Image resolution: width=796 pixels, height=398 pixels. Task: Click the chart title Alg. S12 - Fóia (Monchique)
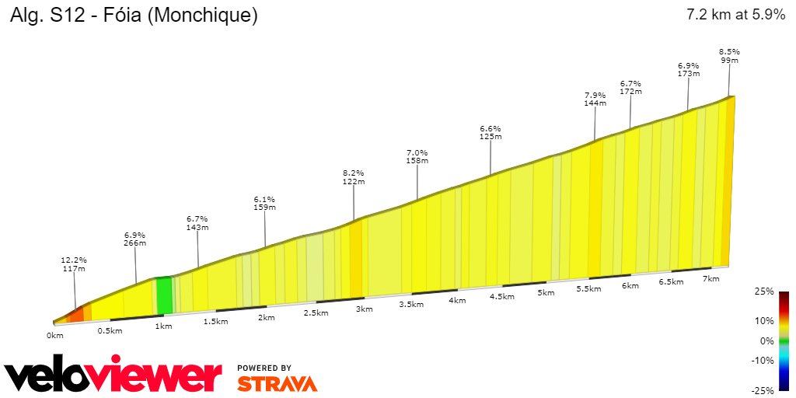coord(133,15)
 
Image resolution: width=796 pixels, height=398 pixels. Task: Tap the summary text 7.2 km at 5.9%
coord(735,15)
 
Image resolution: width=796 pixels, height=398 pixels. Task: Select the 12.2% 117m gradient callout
coord(75,264)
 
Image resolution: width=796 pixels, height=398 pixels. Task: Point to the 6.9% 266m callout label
coord(135,239)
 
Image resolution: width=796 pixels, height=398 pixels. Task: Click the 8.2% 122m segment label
coord(354,176)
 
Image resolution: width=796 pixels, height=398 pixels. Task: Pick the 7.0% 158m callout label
coord(417,156)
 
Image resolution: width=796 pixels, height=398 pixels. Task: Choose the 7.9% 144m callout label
coord(595,99)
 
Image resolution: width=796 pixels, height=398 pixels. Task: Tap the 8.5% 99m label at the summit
coord(729,56)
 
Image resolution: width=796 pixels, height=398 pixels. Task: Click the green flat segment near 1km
coord(164,295)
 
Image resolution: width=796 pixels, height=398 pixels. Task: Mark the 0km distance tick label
coord(54,336)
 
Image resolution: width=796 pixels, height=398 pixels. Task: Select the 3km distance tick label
coord(364,309)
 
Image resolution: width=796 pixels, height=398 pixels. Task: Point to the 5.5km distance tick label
coord(589,288)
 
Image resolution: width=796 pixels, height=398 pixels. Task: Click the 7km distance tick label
coord(710,278)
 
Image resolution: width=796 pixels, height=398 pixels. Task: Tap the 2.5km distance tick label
coord(316,313)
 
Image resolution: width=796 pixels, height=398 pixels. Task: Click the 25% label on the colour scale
coord(765,292)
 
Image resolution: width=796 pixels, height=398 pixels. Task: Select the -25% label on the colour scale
coord(763,390)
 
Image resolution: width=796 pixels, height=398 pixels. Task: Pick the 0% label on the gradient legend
coord(767,340)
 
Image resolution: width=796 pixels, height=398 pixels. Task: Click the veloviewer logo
coord(113,377)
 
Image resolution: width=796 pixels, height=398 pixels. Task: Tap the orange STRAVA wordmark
coord(277,384)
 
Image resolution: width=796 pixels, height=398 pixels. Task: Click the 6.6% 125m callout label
coord(491,132)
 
